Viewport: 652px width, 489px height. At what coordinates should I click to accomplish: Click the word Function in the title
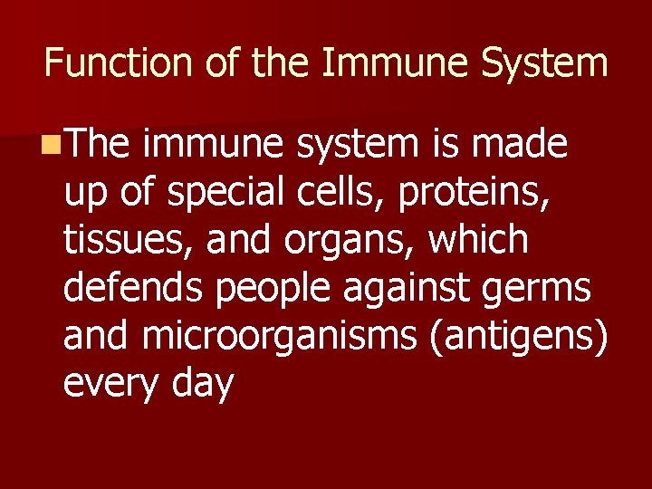pos(118,63)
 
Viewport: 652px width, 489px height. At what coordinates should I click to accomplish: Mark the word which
pos(478,239)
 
